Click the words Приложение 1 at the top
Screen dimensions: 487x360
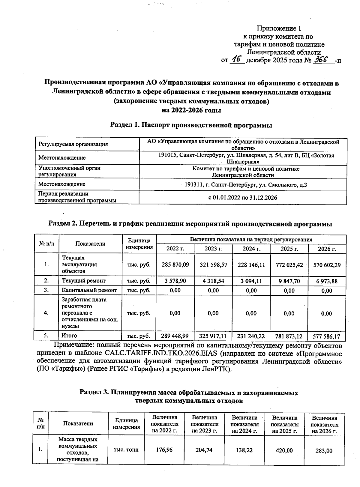[279, 28]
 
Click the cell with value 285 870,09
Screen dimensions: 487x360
[175, 265]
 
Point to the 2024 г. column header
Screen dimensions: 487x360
[251, 249]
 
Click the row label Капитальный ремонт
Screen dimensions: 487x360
[89, 290]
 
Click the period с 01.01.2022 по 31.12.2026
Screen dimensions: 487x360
[242, 198]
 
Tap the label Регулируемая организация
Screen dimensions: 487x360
[73, 144]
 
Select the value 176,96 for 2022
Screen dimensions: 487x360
[164, 450]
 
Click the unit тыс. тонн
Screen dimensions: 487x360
[126, 450]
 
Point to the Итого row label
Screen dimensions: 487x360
[69, 336]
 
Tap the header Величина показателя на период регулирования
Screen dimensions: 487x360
[251, 240]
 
